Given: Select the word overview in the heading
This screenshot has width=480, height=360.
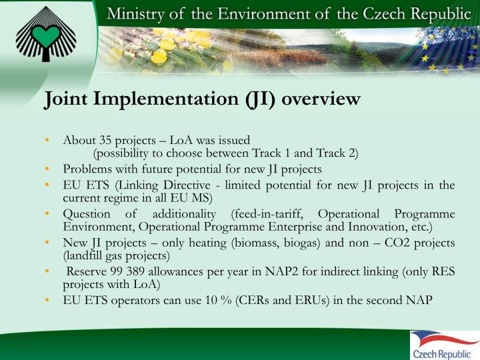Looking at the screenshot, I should click(x=322, y=99).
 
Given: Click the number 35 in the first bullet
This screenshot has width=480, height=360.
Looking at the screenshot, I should click(x=105, y=141).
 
